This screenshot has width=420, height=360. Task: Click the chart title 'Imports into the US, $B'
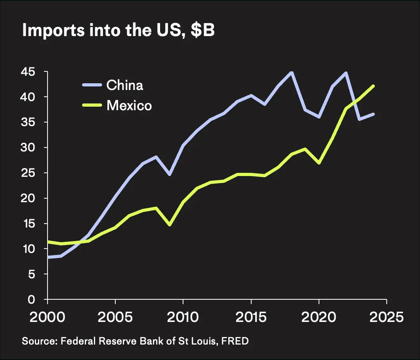tap(118, 31)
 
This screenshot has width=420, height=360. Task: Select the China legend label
tap(125, 85)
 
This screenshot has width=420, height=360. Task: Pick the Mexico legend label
tap(129, 105)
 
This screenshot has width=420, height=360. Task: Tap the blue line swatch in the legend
tap(92, 85)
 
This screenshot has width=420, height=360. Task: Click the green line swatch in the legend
tap(92, 105)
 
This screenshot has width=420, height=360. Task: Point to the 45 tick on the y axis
tap(30, 72)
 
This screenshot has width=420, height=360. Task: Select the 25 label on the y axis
tap(30, 173)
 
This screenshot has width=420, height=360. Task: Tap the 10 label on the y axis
tap(30, 249)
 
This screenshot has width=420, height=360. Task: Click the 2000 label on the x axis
tap(48, 317)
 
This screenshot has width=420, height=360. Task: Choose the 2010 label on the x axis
tap(183, 317)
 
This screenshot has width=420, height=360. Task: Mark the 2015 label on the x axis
tap(250, 317)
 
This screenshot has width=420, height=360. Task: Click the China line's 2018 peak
tap(292, 72)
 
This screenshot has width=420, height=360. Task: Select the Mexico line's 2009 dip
tap(170, 225)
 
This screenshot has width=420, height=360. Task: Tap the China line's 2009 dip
tap(170, 174)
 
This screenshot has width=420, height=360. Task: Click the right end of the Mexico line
tap(373, 86)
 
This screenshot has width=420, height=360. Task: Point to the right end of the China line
tap(373, 114)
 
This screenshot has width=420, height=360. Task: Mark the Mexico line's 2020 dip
tap(319, 163)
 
